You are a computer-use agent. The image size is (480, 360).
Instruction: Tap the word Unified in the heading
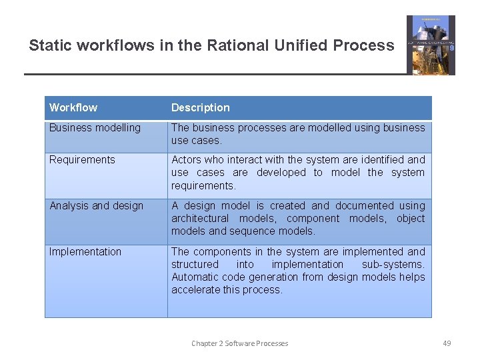(x=298, y=46)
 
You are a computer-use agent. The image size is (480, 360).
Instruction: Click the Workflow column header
(x=73, y=108)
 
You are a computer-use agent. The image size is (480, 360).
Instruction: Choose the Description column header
(x=200, y=108)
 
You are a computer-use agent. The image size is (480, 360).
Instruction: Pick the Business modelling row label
(x=95, y=128)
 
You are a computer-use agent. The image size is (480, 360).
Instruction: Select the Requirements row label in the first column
(x=82, y=160)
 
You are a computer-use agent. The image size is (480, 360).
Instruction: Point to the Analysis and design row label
(x=96, y=206)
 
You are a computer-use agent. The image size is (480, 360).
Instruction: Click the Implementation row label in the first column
(x=85, y=252)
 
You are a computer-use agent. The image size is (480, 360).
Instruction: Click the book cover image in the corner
(x=431, y=45)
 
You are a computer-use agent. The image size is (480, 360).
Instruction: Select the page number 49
(x=447, y=343)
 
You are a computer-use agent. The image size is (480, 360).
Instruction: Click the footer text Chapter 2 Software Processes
(x=240, y=343)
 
